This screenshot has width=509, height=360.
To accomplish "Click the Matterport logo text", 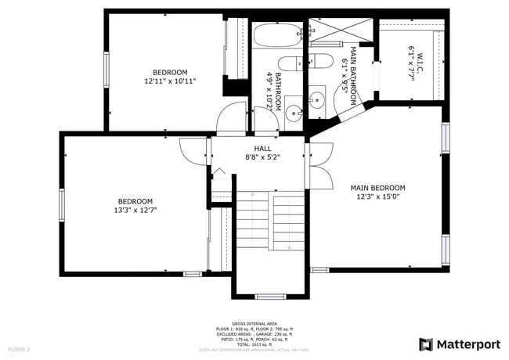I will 468,344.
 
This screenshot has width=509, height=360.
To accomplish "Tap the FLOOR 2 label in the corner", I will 19,348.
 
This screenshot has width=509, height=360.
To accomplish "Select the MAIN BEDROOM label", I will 377,188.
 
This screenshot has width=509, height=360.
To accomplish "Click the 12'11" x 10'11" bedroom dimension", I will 170,81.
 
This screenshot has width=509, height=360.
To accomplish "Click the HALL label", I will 262,148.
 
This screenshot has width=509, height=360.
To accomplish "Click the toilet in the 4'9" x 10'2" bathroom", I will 287,63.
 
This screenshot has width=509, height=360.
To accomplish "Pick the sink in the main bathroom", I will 318,100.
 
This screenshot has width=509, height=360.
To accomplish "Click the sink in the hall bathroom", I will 292,112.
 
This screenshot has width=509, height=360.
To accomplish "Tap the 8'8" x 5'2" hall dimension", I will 262,157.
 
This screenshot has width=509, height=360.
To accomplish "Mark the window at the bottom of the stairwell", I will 269,296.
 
